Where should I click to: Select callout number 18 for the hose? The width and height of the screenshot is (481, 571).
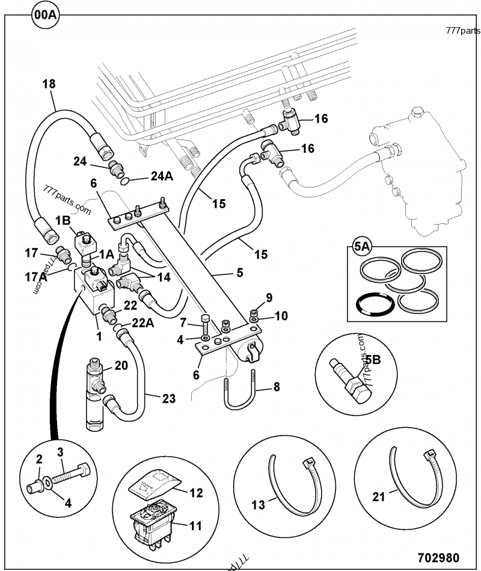click(x=49, y=84)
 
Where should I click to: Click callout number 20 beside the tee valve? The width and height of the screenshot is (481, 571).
click(x=121, y=365)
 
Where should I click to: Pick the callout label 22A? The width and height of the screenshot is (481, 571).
click(x=142, y=323)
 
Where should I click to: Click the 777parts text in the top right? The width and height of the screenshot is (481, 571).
click(x=463, y=31)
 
